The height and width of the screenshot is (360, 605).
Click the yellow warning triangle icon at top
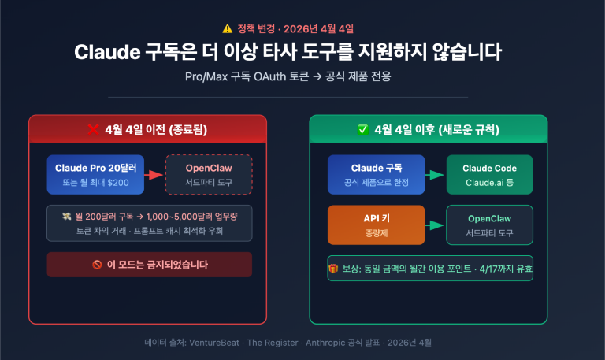[x=228, y=28]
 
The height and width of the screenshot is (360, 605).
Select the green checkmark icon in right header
[x=362, y=129]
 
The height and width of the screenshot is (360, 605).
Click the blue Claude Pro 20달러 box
[x=95, y=174]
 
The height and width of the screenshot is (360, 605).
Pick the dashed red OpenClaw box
[x=208, y=174]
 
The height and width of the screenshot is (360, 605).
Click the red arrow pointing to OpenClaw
[x=154, y=175]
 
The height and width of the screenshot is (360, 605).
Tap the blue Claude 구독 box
[x=376, y=174]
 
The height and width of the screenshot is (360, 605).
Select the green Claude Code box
[x=489, y=174]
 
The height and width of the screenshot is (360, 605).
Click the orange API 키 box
[x=376, y=225]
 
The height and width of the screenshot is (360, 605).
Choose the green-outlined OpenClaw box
[x=489, y=225]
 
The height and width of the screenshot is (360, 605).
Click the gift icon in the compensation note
[x=332, y=267]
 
